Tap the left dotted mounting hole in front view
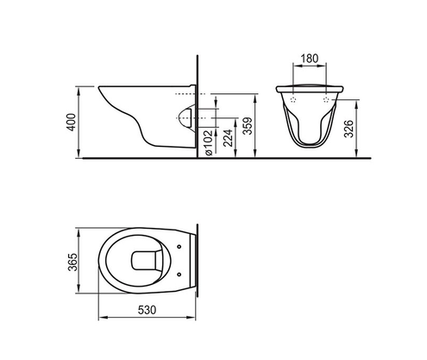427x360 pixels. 296,100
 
